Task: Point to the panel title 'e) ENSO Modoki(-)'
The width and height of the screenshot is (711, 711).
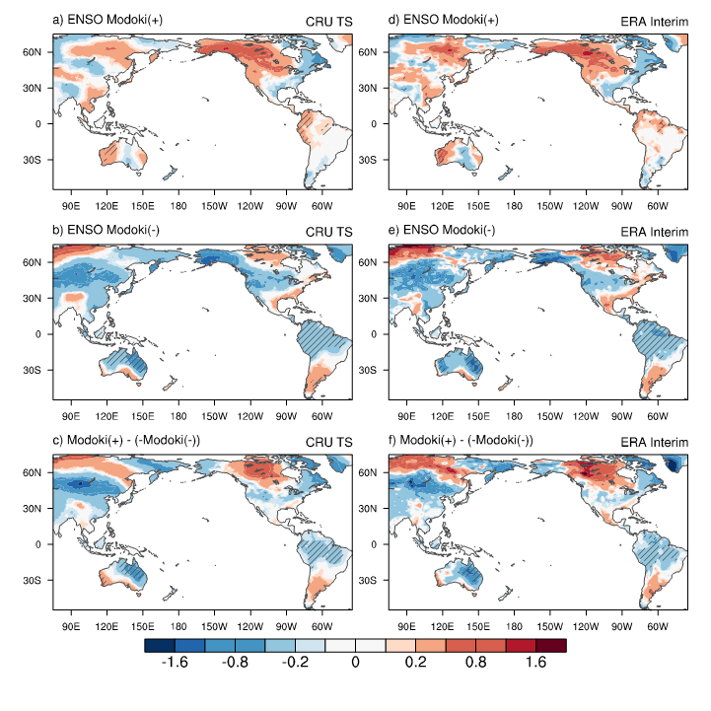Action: (x=444, y=231)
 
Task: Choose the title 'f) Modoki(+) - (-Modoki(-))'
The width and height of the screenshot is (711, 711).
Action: (x=463, y=441)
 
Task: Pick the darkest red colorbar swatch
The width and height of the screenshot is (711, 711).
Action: (x=551, y=645)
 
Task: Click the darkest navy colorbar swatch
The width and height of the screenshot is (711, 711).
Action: (x=159, y=645)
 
